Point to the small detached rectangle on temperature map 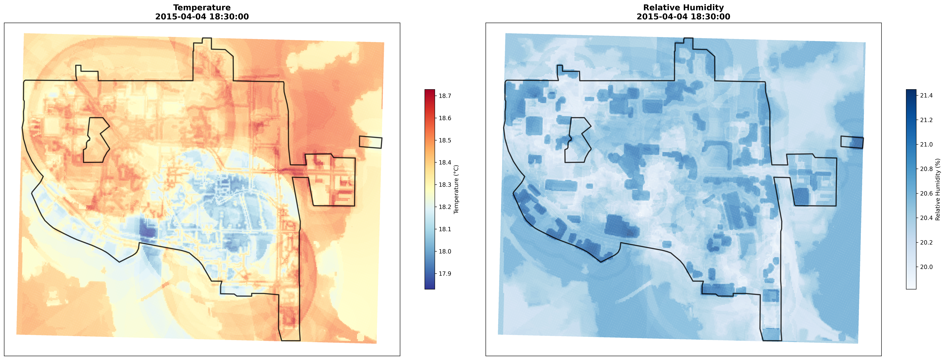click(x=370, y=142)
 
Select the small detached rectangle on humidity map click(x=852, y=142)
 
